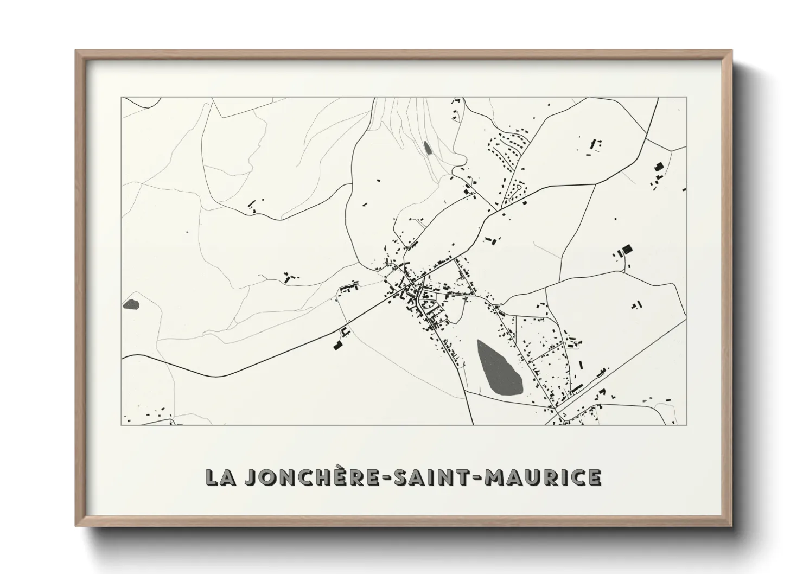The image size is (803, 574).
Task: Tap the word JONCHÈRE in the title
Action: click(296, 477)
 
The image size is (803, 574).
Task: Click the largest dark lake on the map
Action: click(499, 368)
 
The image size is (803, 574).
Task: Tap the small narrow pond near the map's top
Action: click(427, 148)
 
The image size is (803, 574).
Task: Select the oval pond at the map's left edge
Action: click(131, 304)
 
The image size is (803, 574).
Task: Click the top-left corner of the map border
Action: click(122, 98)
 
